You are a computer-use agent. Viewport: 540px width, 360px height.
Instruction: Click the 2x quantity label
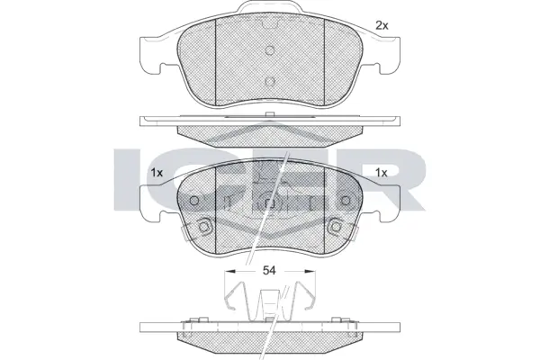click(381, 25)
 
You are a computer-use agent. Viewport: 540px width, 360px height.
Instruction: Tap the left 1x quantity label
click(157, 173)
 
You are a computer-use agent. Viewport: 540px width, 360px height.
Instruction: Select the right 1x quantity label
click(381, 173)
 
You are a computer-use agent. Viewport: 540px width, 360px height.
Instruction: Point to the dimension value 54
click(269, 270)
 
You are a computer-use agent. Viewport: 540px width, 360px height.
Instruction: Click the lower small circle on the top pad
click(270, 80)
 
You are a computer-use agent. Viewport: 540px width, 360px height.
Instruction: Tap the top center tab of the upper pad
click(270, 11)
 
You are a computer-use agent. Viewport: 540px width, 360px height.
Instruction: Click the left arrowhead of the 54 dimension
click(227, 270)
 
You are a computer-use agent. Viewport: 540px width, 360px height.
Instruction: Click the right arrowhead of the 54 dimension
click(310, 270)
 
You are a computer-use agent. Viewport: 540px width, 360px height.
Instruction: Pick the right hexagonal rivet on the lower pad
click(337, 226)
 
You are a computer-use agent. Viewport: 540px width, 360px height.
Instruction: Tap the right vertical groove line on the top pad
click(323, 63)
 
